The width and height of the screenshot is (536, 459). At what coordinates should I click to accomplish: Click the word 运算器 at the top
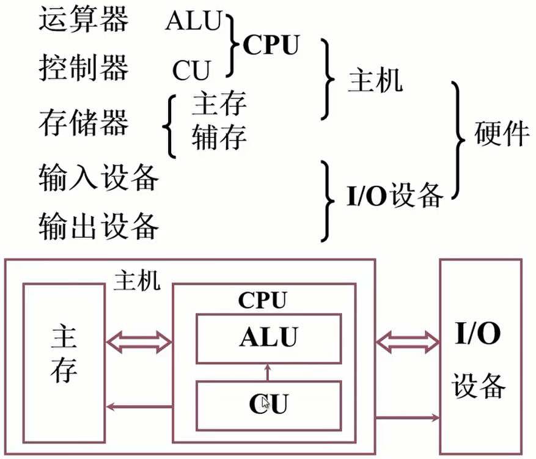tap(84, 21)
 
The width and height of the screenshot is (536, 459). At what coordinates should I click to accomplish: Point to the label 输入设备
tap(98, 178)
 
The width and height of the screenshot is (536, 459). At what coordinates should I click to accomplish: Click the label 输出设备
tap(98, 226)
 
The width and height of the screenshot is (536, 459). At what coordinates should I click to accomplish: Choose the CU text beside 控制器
tap(191, 70)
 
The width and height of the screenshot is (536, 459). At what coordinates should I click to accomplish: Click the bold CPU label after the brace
tap(271, 45)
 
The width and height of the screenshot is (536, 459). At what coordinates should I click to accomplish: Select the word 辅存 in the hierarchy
tap(219, 138)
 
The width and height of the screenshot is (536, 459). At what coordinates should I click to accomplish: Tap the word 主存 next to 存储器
tap(219, 104)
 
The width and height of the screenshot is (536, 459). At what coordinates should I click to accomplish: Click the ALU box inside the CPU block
tap(268, 338)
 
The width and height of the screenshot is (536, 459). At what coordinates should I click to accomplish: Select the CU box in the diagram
tap(268, 405)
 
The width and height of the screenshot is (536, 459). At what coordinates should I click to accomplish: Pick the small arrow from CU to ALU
tap(267, 372)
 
